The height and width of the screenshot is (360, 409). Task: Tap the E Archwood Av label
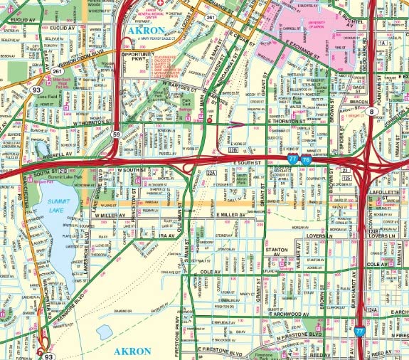[290, 313]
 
